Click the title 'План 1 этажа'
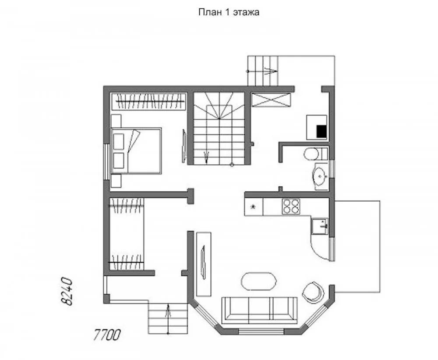(229, 12)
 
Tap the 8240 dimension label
(67, 291)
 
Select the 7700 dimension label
(107, 335)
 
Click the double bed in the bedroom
(136, 151)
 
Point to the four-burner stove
(291, 207)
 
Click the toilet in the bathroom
(316, 153)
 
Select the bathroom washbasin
(320, 177)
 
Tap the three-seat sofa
(259, 310)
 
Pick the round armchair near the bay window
(314, 292)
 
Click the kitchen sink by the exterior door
(320, 226)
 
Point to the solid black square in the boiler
(321, 131)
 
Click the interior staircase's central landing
(219, 112)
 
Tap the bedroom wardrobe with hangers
(149, 101)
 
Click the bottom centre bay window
(261, 332)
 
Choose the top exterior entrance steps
(263, 71)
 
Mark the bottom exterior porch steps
(168, 318)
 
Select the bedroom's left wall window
(106, 162)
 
